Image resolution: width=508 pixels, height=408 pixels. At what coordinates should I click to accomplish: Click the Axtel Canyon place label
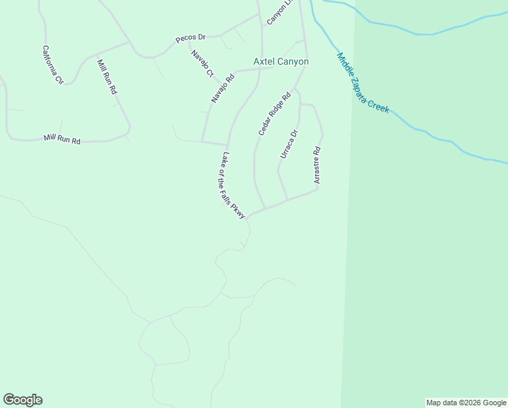click(x=281, y=62)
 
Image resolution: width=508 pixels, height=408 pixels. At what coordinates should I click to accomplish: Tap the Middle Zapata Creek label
click(x=363, y=83)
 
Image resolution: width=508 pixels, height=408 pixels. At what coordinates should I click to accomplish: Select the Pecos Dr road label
click(x=190, y=39)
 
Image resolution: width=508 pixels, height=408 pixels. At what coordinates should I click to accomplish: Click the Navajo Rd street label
click(x=222, y=88)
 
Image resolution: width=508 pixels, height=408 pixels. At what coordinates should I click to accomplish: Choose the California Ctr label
click(x=53, y=65)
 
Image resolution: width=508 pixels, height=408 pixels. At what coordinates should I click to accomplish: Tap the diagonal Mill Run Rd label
click(x=107, y=76)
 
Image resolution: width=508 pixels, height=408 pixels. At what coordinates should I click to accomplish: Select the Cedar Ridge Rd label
click(x=274, y=114)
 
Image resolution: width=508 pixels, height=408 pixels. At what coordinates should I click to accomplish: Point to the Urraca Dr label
click(x=289, y=144)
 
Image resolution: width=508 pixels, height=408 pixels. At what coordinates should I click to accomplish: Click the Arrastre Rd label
click(x=316, y=165)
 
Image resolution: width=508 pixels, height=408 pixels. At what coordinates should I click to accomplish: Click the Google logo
click(x=22, y=400)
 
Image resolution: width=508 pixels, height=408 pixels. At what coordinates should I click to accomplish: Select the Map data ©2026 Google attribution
click(x=467, y=403)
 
